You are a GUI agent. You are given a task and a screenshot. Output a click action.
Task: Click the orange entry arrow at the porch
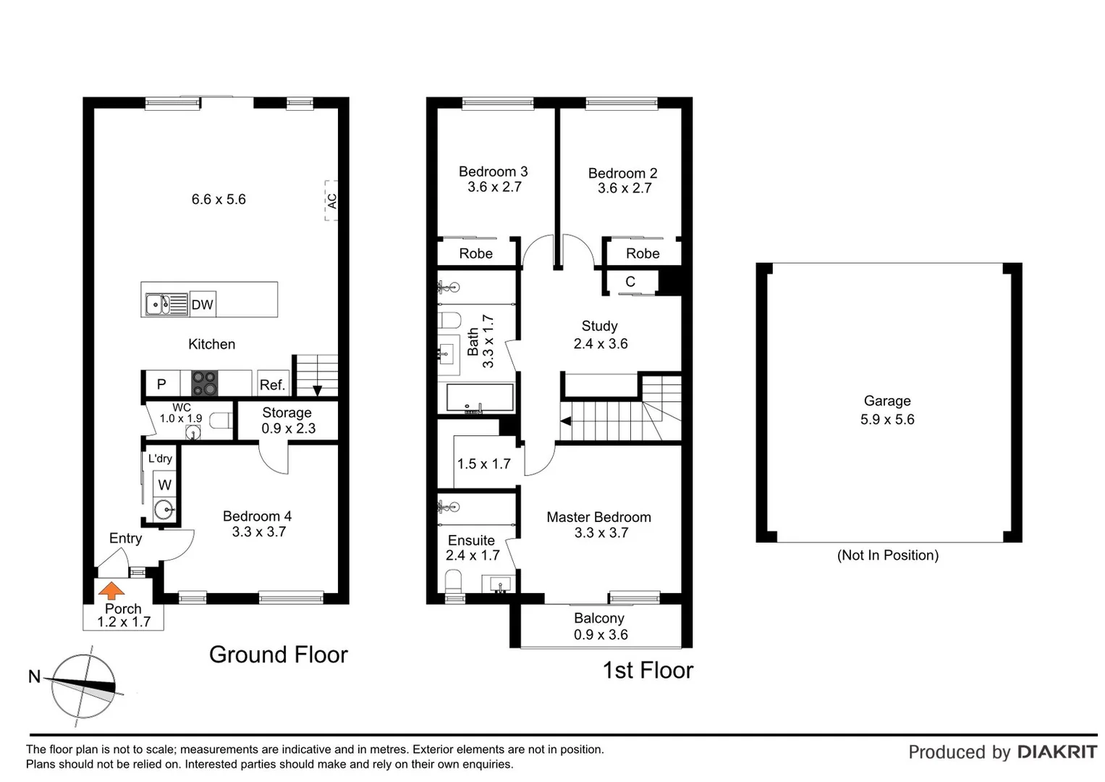(111, 590)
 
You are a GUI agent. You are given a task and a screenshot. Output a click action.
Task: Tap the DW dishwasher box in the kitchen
(203, 305)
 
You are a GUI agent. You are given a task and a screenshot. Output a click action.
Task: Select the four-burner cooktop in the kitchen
(204, 383)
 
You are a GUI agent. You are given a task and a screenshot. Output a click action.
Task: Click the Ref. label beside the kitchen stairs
(272, 385)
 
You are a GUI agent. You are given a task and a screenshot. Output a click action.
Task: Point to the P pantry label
(161, 384)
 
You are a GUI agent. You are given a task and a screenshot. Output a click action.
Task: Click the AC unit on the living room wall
(331, 201)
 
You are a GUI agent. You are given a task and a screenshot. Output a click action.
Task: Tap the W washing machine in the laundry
(165, 485)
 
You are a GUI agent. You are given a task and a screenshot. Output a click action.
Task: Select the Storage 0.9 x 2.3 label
(287, 420)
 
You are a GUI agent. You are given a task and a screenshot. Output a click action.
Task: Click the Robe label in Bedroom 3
(475, 253)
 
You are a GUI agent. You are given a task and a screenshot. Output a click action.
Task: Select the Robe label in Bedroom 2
(643, 253)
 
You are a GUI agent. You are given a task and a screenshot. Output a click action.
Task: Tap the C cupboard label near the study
(630, 282)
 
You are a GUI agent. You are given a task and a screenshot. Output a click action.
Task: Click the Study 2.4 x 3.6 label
(600, 335)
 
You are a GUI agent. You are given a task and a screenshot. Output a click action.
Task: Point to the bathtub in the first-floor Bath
(480, 398)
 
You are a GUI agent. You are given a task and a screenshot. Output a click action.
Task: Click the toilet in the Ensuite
(454, 582)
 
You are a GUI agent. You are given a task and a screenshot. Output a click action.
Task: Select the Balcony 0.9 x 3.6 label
(600, 626)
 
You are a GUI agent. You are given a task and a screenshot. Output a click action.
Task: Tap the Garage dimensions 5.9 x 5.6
(887, 419)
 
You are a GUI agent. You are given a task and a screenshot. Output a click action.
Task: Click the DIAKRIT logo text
(1057, 752)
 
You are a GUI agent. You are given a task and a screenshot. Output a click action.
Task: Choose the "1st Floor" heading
(648, 670)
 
